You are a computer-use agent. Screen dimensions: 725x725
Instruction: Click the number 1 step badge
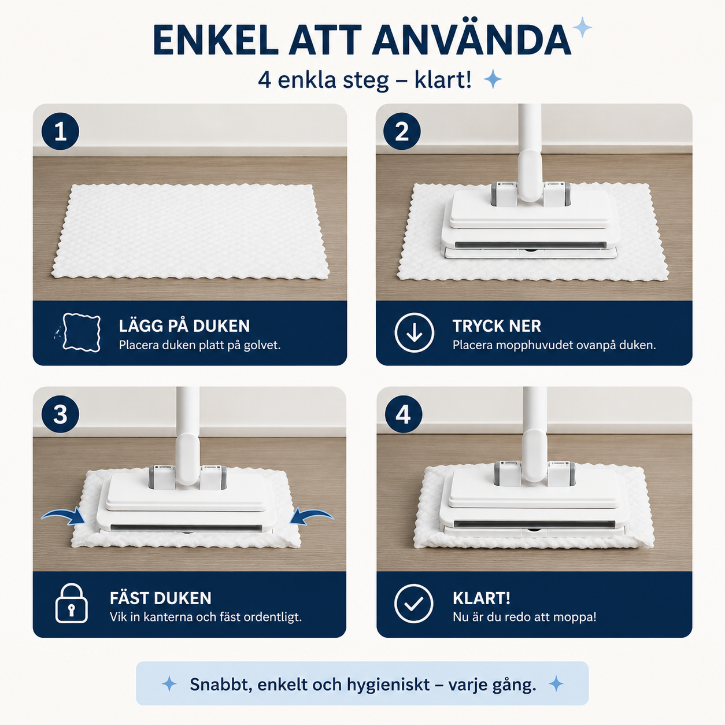click(60, 131)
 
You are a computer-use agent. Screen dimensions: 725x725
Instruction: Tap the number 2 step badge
click(402, 131)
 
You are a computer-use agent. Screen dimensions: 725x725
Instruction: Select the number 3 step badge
click(60, 414)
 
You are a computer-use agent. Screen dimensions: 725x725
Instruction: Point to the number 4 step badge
click(404, 414)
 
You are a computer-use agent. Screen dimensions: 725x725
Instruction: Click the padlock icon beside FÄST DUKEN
click(72, 604)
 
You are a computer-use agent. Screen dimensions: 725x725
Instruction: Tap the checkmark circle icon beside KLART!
click(413, 604)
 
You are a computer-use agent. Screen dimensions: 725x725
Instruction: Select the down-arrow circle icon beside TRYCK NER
click(414, 332)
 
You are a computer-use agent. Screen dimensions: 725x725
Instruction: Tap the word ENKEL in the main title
click(216, 40)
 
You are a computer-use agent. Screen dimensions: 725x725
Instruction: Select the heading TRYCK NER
click(497, 326)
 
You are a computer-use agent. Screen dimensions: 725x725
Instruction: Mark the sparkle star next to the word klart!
click(493, 79)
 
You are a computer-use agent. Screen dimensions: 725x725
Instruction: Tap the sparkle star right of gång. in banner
click(556, 683)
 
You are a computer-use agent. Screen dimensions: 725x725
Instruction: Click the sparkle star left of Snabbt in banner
click(169, 683)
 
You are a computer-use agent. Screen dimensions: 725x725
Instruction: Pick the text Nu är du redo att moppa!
click(524, 617)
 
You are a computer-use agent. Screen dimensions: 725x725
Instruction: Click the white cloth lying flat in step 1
click(190, 232)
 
